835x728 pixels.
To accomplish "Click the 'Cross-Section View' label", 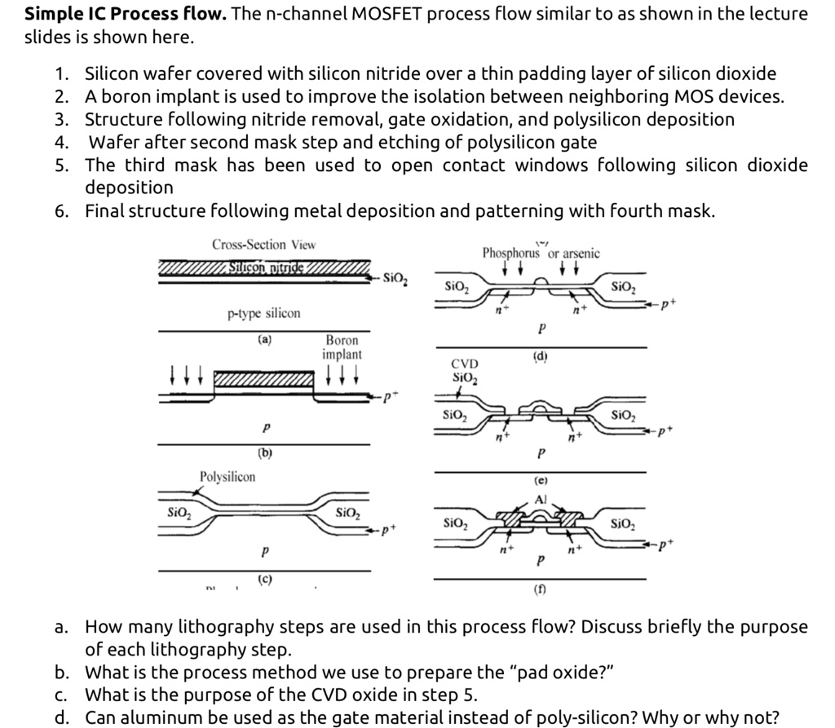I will pos(263,245).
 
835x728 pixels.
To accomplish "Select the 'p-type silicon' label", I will pos(263,313).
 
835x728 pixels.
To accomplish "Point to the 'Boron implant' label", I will pos(342,347).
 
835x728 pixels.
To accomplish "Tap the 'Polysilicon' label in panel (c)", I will pos(228,476).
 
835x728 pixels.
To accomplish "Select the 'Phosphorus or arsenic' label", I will pos(541,254).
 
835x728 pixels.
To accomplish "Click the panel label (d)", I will pos(540,355).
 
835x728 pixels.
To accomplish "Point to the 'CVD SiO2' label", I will pos(465,371).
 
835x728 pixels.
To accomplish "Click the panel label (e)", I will pos(540,482).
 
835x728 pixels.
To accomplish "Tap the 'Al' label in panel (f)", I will pos(540,499).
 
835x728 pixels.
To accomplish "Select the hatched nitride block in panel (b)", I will pos(263,380).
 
